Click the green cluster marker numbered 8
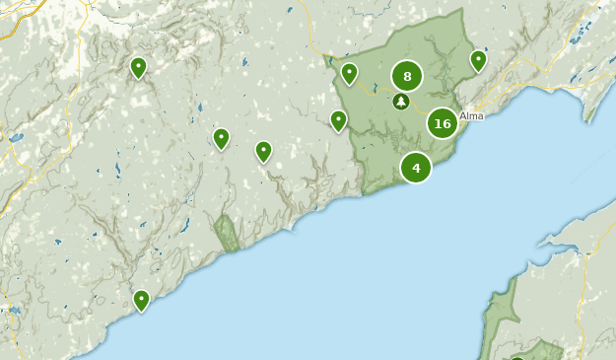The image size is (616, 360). (406, 76)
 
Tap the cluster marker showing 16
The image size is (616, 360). (443, 123)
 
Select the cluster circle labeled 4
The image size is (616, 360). (416, 168)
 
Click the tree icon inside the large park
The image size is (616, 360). (400, 101)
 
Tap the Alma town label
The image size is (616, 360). (471, 115)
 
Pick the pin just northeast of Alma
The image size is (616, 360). (478, 61)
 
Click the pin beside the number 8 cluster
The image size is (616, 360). (349, 73)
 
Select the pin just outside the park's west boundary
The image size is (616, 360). (338, 120)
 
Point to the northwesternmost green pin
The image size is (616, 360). (138, 67)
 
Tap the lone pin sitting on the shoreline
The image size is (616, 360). (141, 300)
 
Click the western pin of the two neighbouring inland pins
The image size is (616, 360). (221, 138)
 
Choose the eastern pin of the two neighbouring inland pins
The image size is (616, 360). (263, 151)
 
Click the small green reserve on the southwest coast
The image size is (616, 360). (228, 233)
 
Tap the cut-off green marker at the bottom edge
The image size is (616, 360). (516, 357)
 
